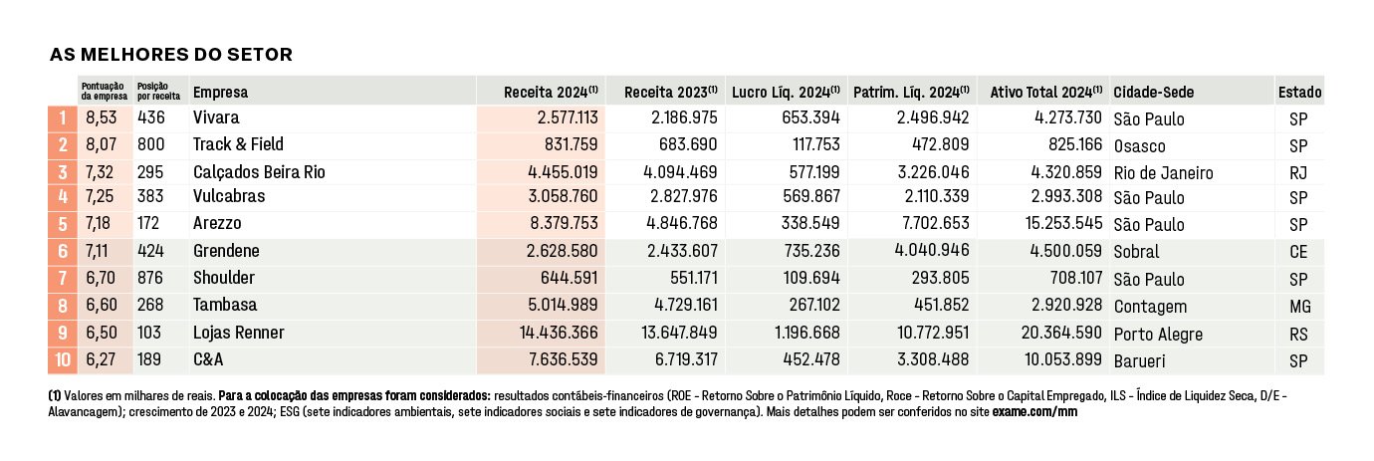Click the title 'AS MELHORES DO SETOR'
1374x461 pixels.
[x=171, y=55]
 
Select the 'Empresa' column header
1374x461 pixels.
[x=221, y=93]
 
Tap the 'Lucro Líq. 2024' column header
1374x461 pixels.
[x=786, y=92]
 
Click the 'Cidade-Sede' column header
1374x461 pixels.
[x=1154, y=93]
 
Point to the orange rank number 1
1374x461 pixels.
[x=63, y=117]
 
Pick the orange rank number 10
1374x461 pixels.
[x=63, y=359]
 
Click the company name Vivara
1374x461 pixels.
[x=216, y=117]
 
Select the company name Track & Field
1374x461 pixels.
[x=238, y=144]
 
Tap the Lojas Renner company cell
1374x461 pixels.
[x=239, y=333]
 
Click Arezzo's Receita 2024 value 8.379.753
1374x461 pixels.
[x=564, y=223]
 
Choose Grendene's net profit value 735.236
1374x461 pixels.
[x=811, y=251]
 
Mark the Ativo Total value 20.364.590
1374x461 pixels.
[x=1061, y=333]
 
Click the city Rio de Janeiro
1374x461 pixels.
[x=1163, y=173]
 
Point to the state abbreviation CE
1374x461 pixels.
[x=1298, y=252]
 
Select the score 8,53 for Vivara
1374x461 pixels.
[x=102, y=117]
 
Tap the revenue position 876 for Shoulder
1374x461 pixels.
[x=150, y=279]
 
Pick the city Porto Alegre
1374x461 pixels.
[x=1158, y=335]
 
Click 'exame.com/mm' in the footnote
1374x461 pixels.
[x=1034, y=412]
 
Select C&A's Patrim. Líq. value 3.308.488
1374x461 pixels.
[x=933, y=359]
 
